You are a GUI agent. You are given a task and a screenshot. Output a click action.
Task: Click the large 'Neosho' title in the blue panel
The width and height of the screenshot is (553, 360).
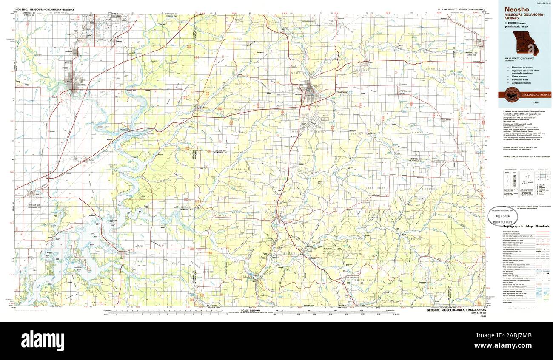pos(514,9)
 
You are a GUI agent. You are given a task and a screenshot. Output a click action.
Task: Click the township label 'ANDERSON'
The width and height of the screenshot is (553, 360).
pos(276,207)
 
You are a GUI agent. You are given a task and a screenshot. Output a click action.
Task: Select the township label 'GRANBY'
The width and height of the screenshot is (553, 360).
pos(361,70)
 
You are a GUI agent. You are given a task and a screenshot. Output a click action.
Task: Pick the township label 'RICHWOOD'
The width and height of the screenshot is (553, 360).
pos(429,189)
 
